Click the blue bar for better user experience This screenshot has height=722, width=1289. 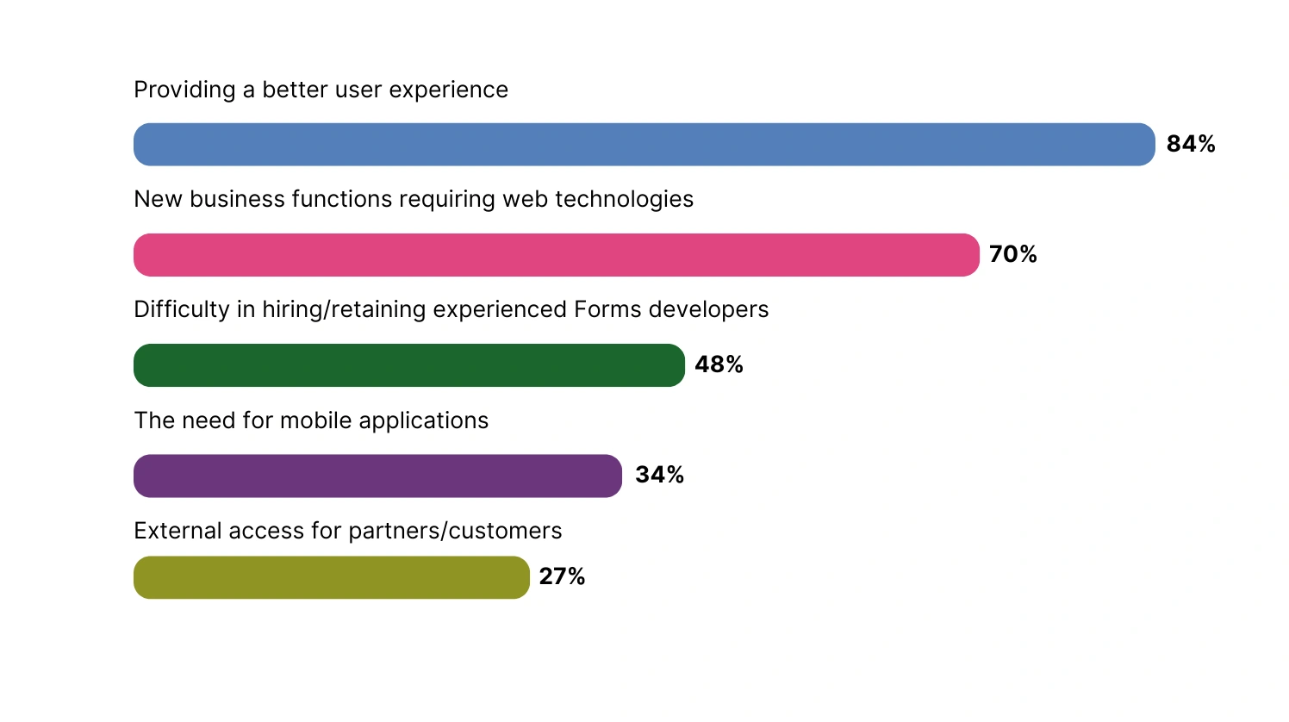(x=644, y=145)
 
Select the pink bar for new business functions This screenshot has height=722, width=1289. (x=557, y=255)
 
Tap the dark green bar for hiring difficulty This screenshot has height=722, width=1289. (x=409, y=365)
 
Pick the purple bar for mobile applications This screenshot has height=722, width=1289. (x=377, y=476)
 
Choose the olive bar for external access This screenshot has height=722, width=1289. (x=332, y=577)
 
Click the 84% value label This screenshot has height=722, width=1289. (x=1191, y=144)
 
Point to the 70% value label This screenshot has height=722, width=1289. (x=1013, y=254)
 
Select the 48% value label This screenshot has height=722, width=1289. (x=719, y=364)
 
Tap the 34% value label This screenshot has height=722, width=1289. (x=659, y=475)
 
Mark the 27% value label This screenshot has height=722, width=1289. (x=562, y=576)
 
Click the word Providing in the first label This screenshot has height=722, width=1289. (x=184, y=90)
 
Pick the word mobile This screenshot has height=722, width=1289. (x=316, y=420)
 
